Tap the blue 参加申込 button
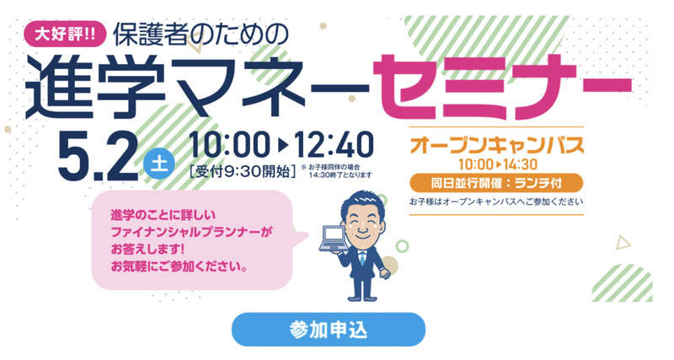pos(328,329)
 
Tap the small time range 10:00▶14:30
pos(495,164)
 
